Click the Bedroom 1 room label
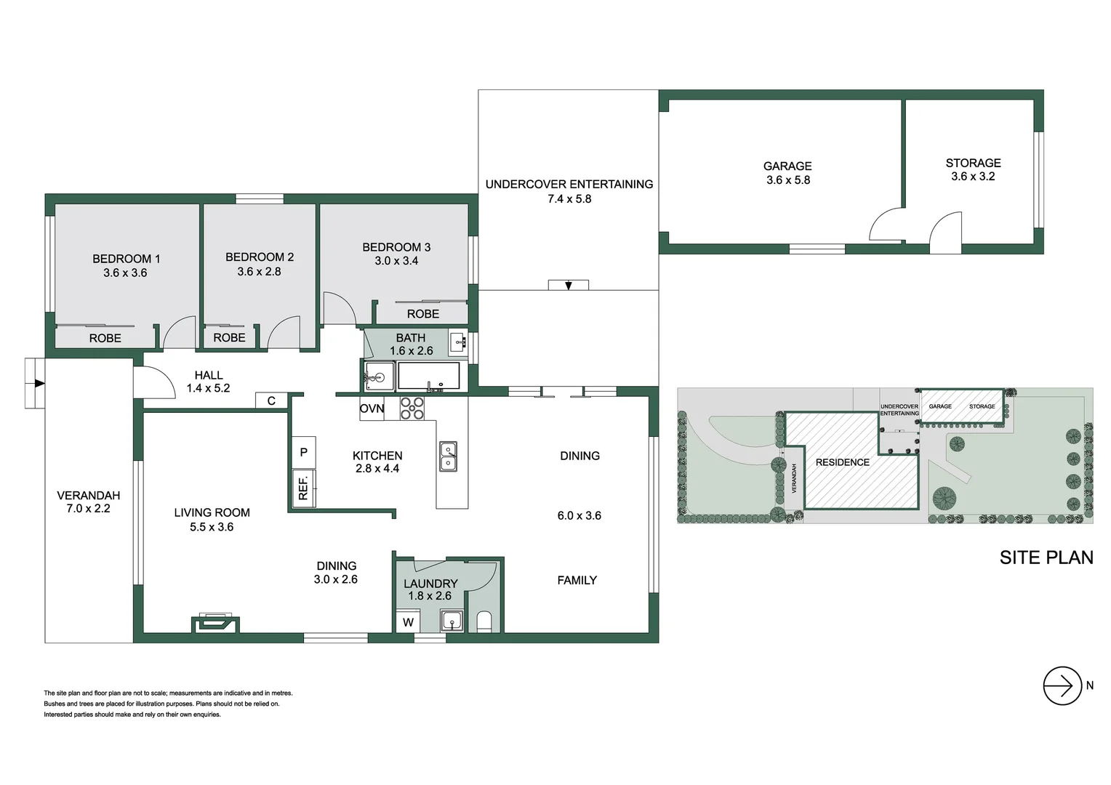pos(126,259)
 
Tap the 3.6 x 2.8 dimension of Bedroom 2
pos(259,272)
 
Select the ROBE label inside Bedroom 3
pos(422,314)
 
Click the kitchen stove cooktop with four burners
pos(412,408)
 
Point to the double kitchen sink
pos(448,456)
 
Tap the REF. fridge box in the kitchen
pos(302,487)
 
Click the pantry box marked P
pos(303,452)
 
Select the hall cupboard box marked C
pos(271,400)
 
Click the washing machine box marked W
pos(408,622)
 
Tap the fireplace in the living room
pos(215,622)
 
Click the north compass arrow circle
pos(1062,685)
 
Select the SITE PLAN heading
pos(1046,557)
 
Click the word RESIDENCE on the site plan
pos(842,462)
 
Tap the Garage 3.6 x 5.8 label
pos(787,173)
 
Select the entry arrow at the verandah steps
pos(37,383)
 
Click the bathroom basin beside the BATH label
pos(457,342)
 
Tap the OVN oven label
pos(372,408)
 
